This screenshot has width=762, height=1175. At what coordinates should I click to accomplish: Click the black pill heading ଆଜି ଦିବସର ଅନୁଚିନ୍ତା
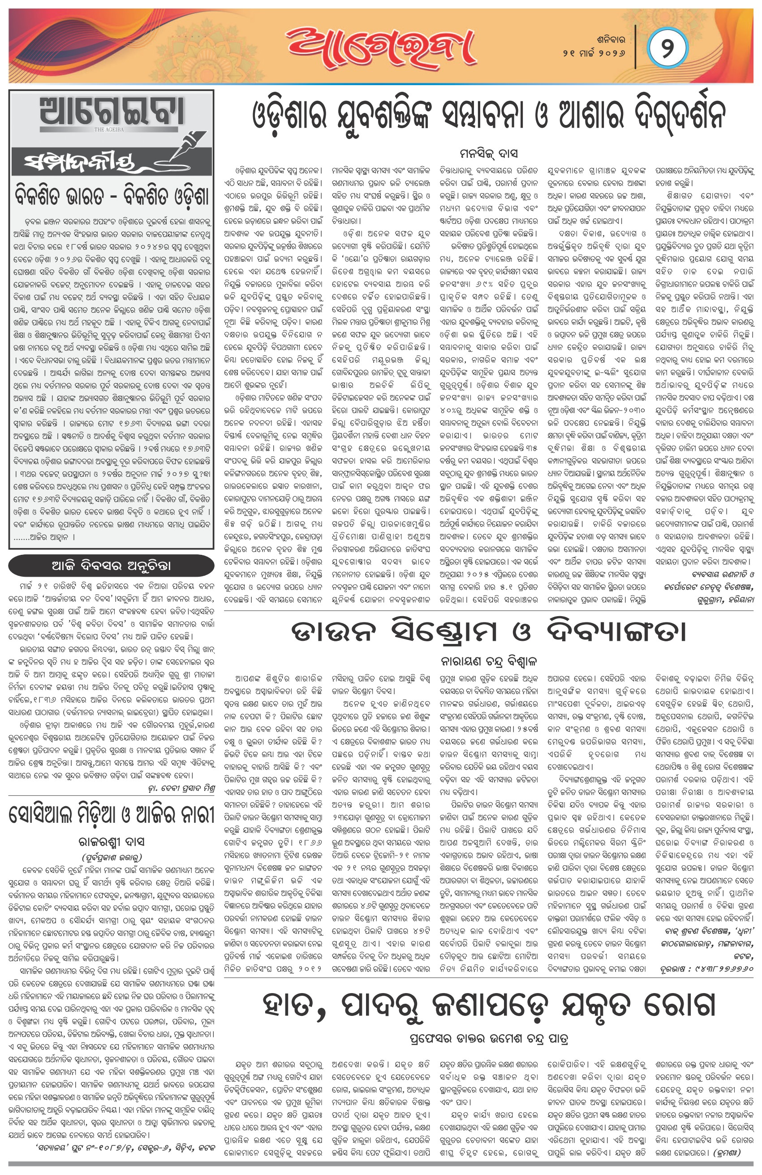(111, 566)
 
